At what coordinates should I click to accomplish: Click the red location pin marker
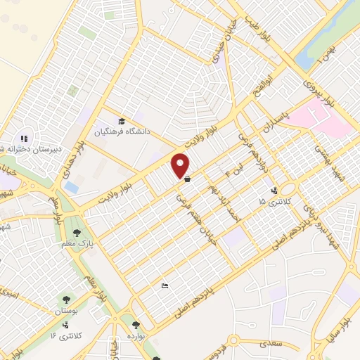click(x=181, y=165)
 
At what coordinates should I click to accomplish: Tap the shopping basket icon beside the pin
click(x=187, y=179)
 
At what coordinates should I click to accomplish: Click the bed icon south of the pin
click(x=165, y=285)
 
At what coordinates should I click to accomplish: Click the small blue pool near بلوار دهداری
click(x=71, y=188)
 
